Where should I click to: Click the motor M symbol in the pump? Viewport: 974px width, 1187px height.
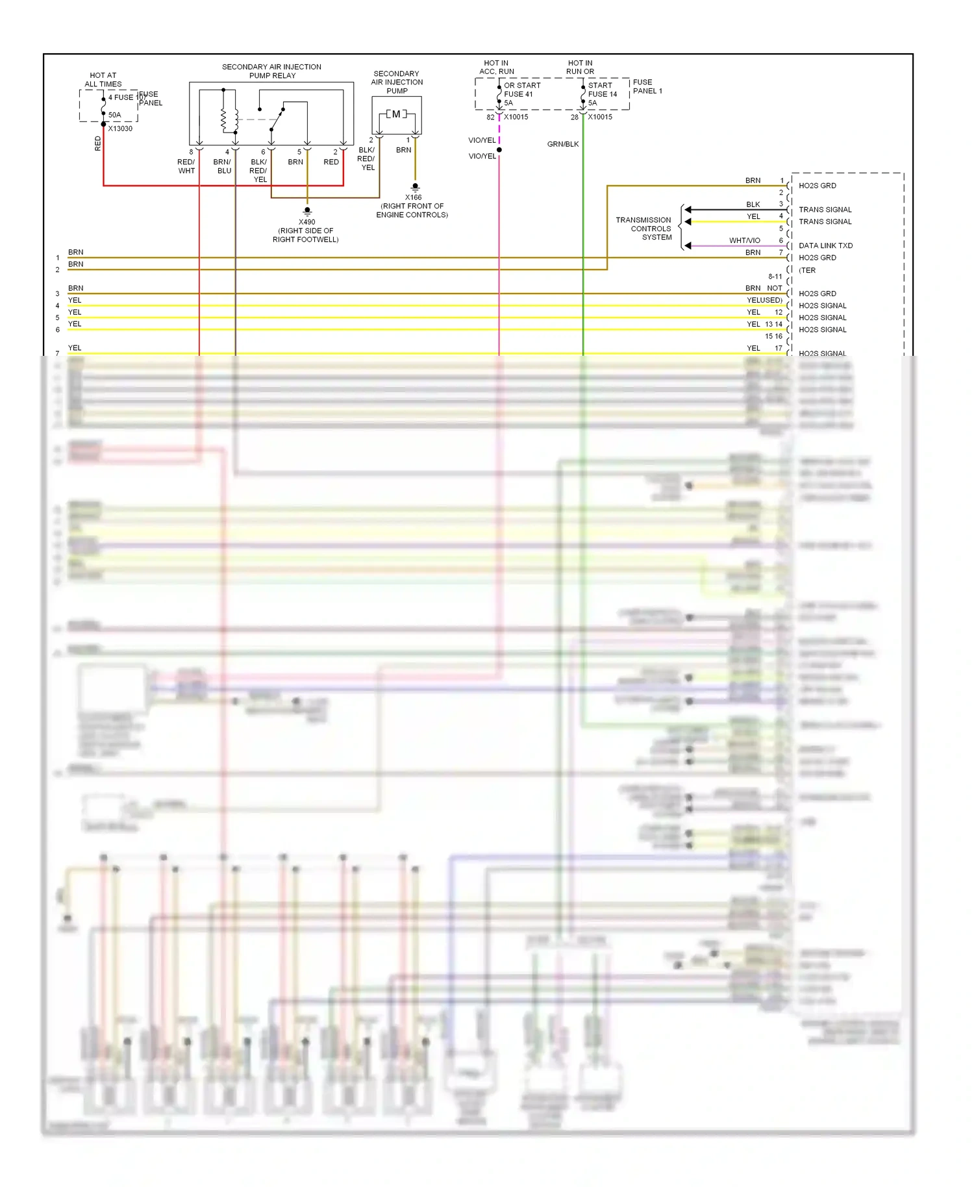pos(396,114)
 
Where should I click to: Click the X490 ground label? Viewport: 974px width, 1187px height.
pos(307,222)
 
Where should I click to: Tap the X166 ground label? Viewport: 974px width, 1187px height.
pos(413,197)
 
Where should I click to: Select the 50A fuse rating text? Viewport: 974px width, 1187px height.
pos(114,115)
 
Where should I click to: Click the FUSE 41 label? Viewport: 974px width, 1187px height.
pos(518,94)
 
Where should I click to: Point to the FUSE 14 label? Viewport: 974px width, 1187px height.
pos(602,94)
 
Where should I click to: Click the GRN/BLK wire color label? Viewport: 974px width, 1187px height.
pos(562,144)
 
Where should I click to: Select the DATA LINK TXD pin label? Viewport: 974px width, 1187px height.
pos(825,245)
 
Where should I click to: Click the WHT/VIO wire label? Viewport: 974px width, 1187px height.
pos(744,240)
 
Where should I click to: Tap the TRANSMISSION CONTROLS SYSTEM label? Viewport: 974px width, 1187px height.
pos(643,229)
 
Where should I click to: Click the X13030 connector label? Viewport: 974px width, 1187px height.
pos(120,129)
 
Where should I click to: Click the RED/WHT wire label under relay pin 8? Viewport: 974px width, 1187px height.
pos(186,166)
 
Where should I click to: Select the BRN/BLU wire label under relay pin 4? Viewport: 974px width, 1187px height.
pos(222,166)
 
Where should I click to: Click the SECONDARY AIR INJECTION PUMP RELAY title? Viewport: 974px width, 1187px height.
pos(271,71)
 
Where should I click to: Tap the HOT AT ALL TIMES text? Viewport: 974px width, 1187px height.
pos(103,79)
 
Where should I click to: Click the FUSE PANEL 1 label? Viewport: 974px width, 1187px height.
pos(647,86)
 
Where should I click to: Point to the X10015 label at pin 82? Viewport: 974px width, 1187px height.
pos(516,117)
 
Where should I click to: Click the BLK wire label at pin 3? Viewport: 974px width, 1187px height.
pos(753,205)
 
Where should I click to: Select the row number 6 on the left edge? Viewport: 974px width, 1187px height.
pos(58,330)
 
